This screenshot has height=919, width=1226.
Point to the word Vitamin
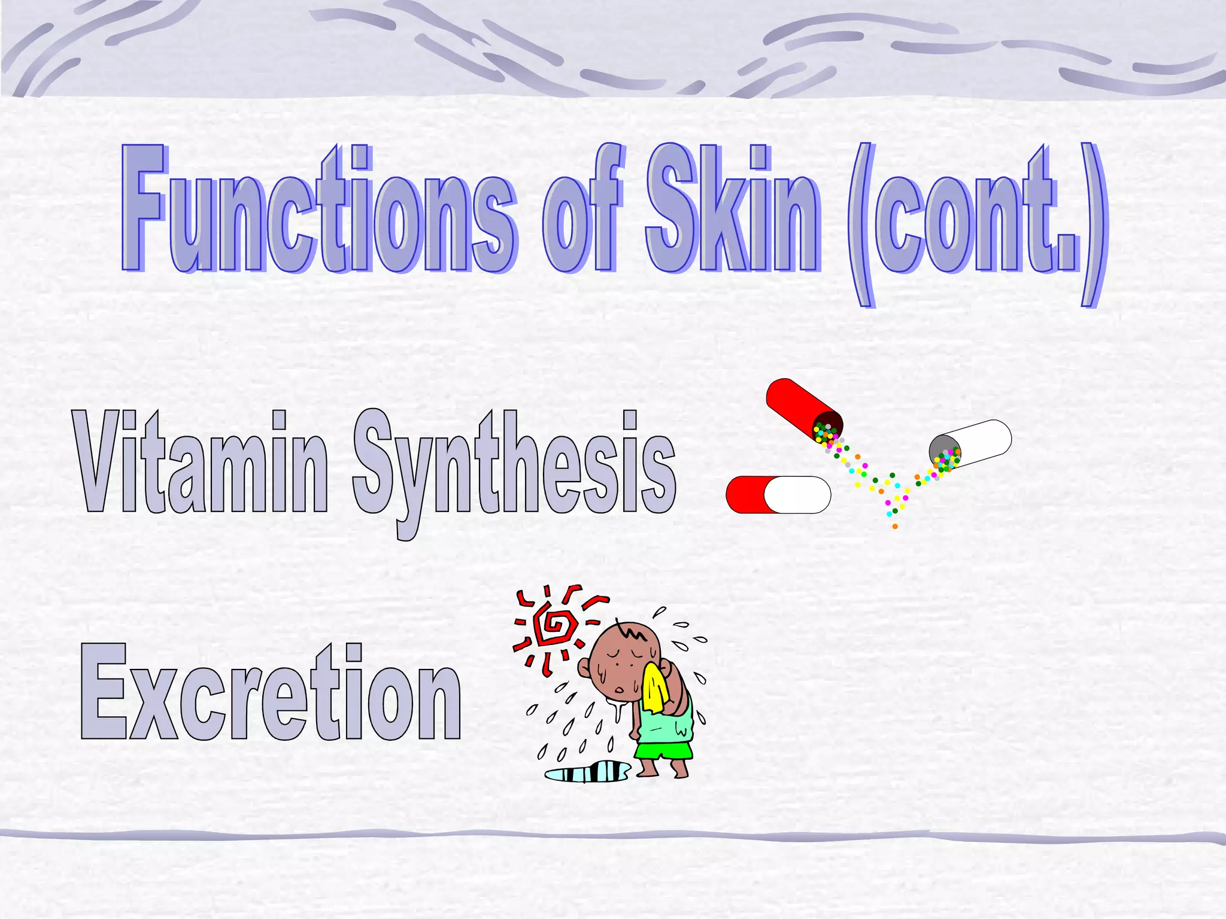click(201, 464)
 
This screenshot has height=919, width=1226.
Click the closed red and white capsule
click(778, 495)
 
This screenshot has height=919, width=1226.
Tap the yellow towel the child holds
click(656, 688)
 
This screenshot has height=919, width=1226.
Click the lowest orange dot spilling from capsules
click(895, 527)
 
